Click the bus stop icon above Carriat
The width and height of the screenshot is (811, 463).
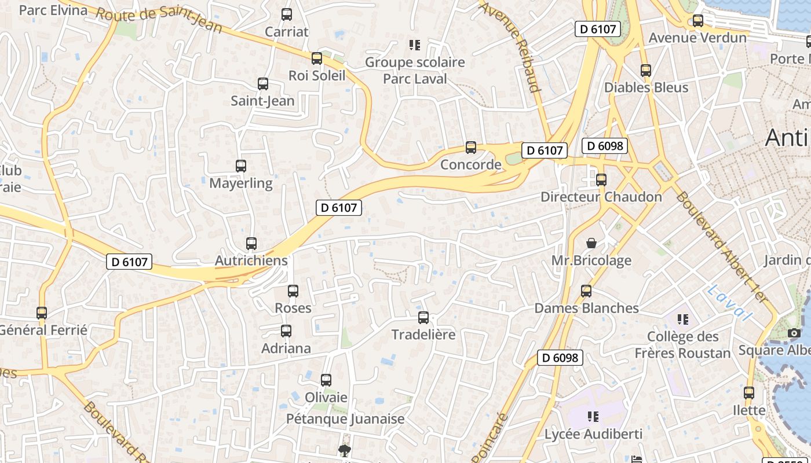click(x=287, y=14)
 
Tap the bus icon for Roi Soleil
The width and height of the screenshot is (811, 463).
click(x=317, y=58)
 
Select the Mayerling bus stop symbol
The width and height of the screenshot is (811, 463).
click(x=241, y=166)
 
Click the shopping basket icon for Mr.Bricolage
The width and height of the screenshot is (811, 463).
click(x=591, y=243)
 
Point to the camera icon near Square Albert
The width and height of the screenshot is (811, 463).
click(x=794, y=333)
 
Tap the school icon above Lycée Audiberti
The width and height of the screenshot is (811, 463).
click(x=593, y=417)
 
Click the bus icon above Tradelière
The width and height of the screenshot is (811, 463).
click(x=423, y=318)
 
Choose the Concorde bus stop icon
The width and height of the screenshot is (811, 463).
click(x=471, y=148)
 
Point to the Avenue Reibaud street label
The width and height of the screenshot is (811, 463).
click(x=510, y=46)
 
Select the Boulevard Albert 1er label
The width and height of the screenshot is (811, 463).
click(x=721, y=247)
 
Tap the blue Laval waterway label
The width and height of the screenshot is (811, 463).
click(x=729, y=303)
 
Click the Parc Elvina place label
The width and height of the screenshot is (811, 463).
click(x=53, y=10)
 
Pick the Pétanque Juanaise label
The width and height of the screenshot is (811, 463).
click(x=345, y=418)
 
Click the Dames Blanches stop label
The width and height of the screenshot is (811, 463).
click(x=586, y=308)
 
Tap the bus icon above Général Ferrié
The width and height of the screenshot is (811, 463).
click(x=42, y=313)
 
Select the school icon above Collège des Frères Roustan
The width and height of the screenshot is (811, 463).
click(x=683, y=319)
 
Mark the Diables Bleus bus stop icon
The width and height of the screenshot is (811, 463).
click(x=646, y=71)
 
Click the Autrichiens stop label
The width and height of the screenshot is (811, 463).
click(x=251, y=260)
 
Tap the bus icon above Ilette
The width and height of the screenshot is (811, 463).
click(x=749, y=393)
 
